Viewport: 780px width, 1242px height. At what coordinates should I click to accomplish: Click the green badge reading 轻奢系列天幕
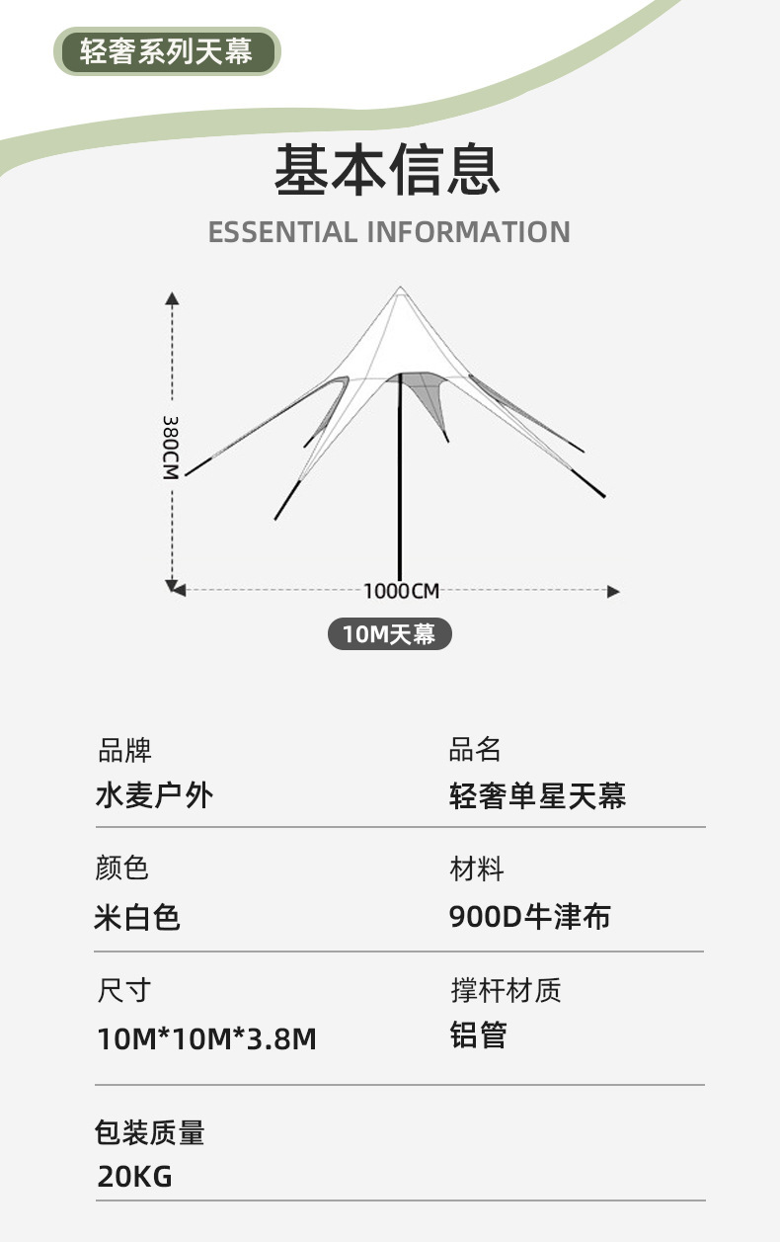pos(167,51)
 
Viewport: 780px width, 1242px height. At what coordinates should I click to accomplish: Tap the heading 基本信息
pos(388,169)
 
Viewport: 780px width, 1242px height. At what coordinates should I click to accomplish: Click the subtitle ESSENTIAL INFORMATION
pos(389,232)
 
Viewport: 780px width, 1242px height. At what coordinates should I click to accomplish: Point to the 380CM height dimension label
pos(171,446)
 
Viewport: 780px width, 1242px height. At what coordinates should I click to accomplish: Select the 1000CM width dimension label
pos(401,591)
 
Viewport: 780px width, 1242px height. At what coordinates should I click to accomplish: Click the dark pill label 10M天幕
pos(389,633)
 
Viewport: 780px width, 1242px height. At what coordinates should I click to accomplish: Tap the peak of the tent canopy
pos(400,289)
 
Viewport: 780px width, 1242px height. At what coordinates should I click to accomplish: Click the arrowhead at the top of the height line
pos(172,297)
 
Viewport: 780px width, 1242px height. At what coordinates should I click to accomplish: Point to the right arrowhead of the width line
pos(613,591)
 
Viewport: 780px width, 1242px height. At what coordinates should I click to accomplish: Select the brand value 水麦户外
pos(153,795)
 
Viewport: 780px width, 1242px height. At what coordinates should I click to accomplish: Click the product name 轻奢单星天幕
pos(537,795)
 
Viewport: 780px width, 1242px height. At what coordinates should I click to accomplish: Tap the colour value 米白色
pos(137,918)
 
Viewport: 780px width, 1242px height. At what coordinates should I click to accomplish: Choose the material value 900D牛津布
pos(529,917)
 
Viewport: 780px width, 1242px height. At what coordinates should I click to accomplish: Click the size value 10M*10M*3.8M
pos(206,1038)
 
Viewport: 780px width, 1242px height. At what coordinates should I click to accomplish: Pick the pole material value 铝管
pos(478,1035)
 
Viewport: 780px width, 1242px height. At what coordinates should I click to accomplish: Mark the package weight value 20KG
pos(134,1176)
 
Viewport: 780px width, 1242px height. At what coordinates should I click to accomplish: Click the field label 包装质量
pos(150,1132)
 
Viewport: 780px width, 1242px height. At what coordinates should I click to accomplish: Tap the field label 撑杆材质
pos(506,990)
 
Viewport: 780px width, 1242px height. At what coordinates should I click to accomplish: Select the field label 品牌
pos(124,750)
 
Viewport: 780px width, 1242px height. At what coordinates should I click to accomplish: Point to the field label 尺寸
pos(124,990)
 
